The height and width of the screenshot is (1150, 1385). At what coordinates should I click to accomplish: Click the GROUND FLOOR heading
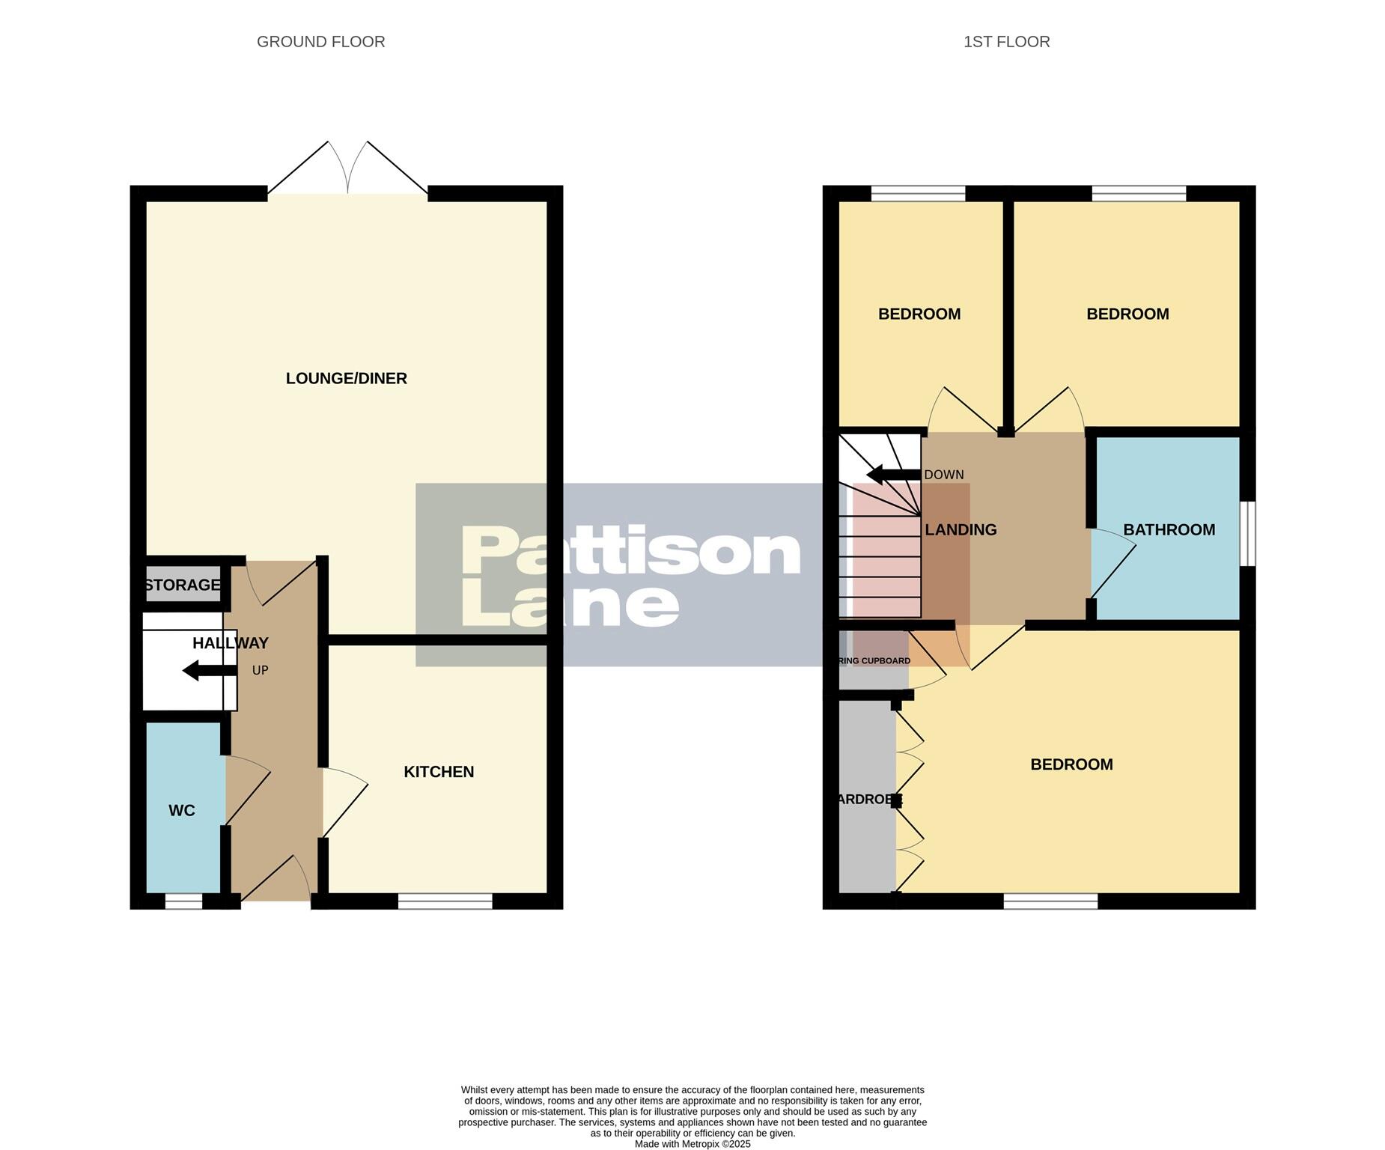[320, 42]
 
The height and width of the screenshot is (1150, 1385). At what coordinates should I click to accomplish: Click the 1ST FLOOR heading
[1006, 42]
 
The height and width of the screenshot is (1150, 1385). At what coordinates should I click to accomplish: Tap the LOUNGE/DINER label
[346, 379]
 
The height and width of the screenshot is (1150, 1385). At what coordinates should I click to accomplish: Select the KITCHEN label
[439, 772]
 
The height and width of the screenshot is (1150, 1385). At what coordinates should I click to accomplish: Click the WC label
[182, 811]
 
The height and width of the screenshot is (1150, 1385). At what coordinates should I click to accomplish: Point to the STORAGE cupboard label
[183, 585]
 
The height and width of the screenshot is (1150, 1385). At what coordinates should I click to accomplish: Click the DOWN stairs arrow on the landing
[893, 475]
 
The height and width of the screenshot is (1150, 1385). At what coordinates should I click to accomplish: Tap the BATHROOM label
[1169, 530]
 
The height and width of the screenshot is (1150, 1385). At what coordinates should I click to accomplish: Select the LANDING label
[961, 530]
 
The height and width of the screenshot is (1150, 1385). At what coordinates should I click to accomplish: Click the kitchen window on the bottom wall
[445, 901]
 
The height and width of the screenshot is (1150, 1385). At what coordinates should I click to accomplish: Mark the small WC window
[183, 902]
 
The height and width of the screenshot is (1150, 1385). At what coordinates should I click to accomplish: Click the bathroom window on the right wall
[1247, 534]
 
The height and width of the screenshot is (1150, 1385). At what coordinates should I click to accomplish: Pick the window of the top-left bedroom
[918, 193]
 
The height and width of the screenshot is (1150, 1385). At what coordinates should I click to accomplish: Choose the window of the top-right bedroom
[1138, 193]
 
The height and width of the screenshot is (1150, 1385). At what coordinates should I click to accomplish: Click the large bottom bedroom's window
[1050, 901]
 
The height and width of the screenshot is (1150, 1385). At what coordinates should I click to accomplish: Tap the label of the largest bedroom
[1071, 764]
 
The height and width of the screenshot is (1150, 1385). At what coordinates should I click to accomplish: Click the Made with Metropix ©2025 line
[692, 1144]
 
